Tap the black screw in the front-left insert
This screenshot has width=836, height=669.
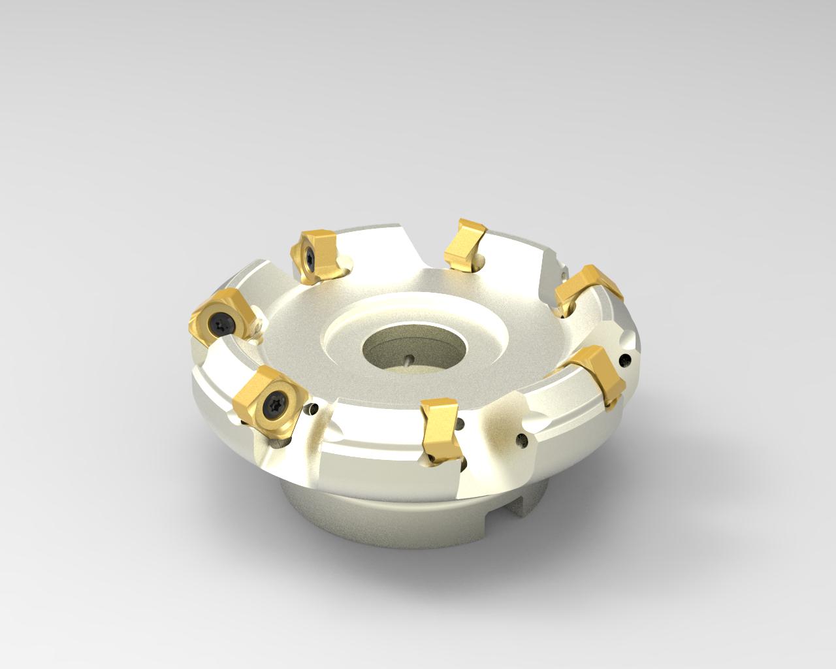click(272, 408)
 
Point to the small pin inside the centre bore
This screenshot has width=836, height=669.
click(408, 359)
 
